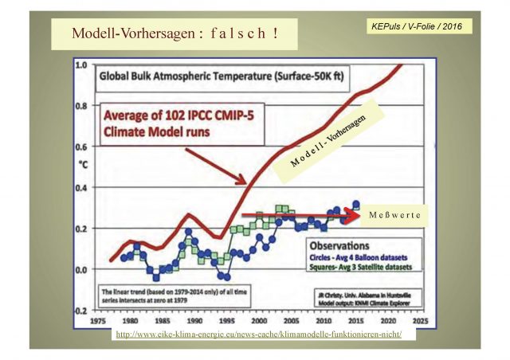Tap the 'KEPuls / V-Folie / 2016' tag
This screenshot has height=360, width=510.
click(x=415, y=26)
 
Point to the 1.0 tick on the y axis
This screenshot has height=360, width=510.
click(x=80, y=65)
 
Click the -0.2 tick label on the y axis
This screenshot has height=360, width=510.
click(x=79, y=311)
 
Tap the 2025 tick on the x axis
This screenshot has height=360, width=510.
click(x=421, y=320)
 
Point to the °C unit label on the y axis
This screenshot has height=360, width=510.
click(x=81, y=166)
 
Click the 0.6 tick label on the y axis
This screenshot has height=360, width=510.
click(x=80, y=147)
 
